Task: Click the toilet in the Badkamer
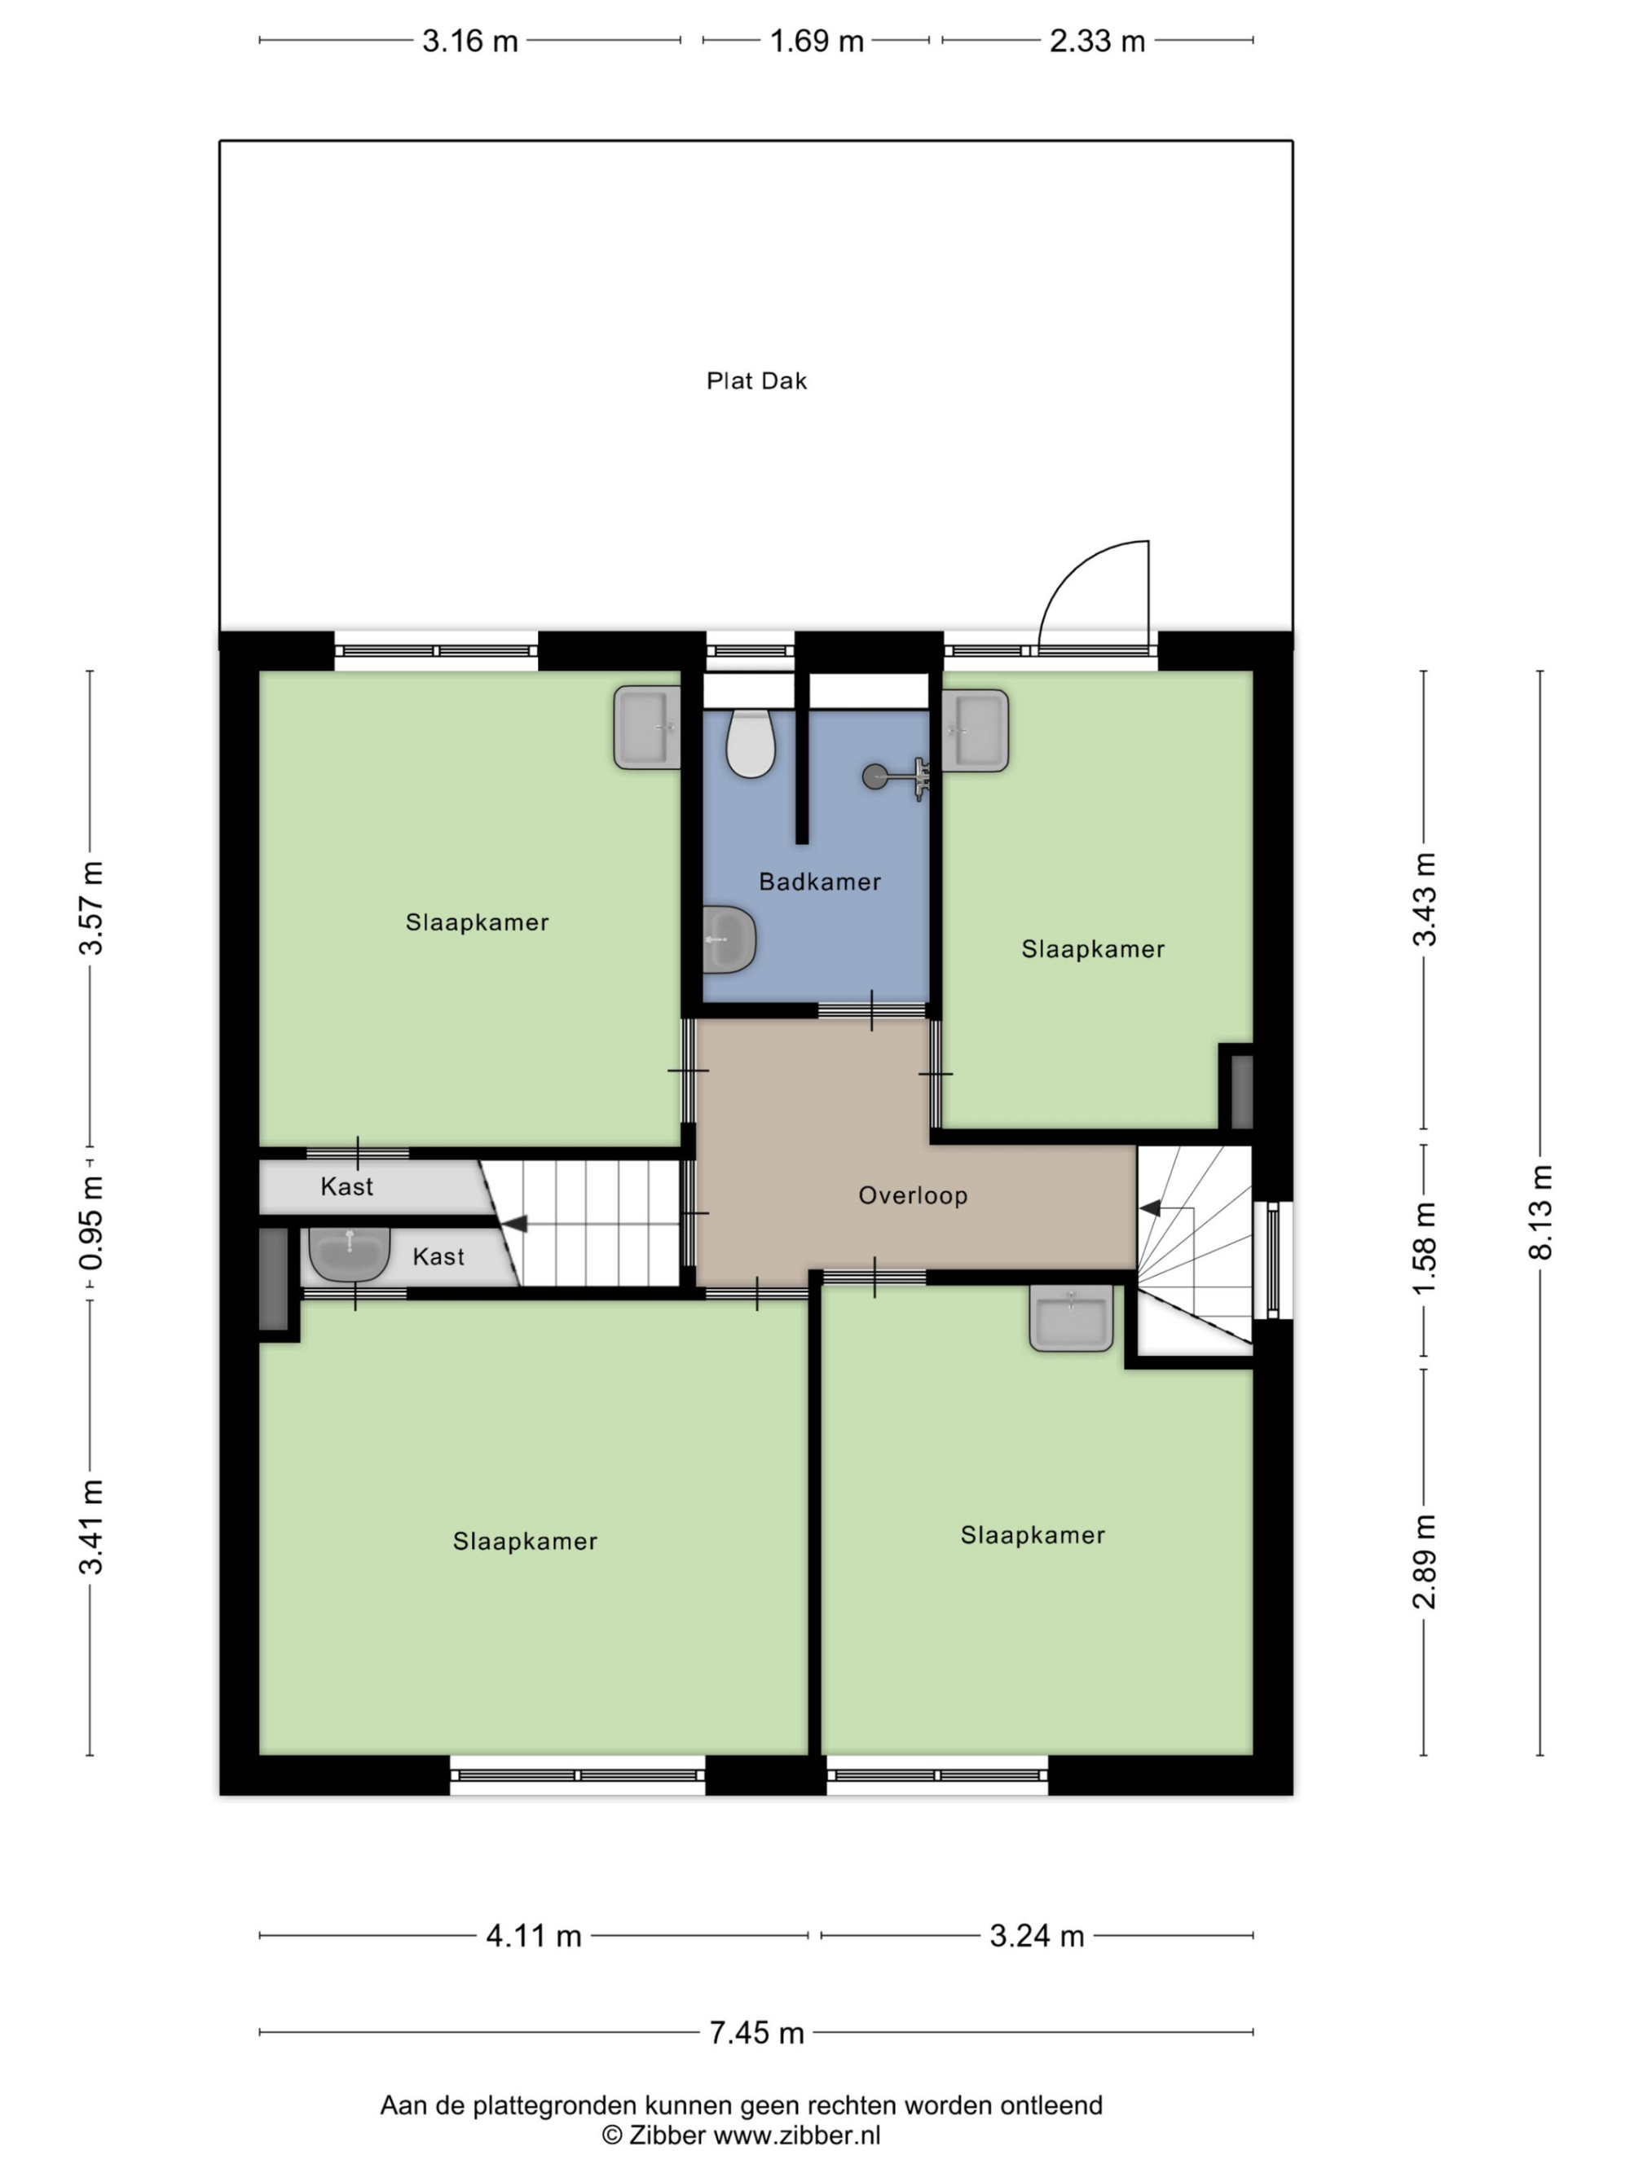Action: [x=751, y=744]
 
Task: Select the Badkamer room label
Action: [x=819, y=882]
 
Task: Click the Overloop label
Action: [x=913, y=1195]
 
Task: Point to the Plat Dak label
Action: [x=756, y=381]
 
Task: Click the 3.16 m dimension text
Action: [x=469, y=42]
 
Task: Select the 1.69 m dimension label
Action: [x=817, y=42]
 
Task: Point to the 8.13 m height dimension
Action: [x=1540, y=1212]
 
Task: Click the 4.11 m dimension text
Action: [x=534, y=1935]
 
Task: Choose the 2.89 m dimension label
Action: [x=1424, y=1562]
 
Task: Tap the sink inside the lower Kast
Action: [x=350, y=1253]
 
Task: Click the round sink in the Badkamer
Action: [x=729, y=939]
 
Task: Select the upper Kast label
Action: [x=347, y=1186]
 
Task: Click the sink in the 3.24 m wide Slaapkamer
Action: [x=1071, y=1317]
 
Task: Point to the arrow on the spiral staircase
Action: [x=1148, y=1207]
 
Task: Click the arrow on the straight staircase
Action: [x=514, y=1223]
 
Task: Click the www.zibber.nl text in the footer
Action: [x=797, y=2135]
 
